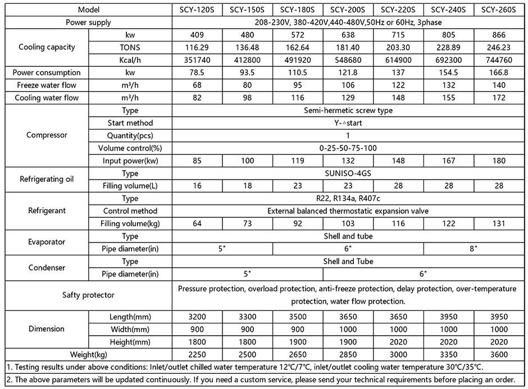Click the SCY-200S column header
pyautogui.click(x=348, y=10)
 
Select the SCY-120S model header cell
pyautogui.click(x=197, y=10)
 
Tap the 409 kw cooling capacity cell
pyautogui.click(x=197, y=35)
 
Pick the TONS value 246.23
pyautogui.click(x=499, y=47)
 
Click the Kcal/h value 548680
pyautogui.click(x=348, y=60)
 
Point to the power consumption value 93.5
pyautogui.click(x=247, y=72)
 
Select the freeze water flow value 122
pyautogui.click(x=398, y=85)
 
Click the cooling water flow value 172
pyautogui.click(x=499, y=98)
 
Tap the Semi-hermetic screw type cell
pyautogui.click(x=348, y=111)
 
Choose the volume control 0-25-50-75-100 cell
pyautogui.click(x=348, y=148)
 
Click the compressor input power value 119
pyautogui.click(x=298, y=161)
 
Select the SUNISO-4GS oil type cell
pyautogui.click(x=348, y=173)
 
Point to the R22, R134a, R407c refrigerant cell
pyautogui.click(x=348, y=199)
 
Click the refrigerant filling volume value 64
pyautogui.click(x=197, y=224)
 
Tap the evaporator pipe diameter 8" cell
pyautogui.click(x=474, y=248)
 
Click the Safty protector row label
pyautogui.click(x=88, y=295)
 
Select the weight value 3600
pyautogui.click(x=499, y=354)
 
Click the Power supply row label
pyautogui.click(x=88, y=22)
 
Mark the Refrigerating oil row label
pyautogui.click(x=47, y=180)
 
